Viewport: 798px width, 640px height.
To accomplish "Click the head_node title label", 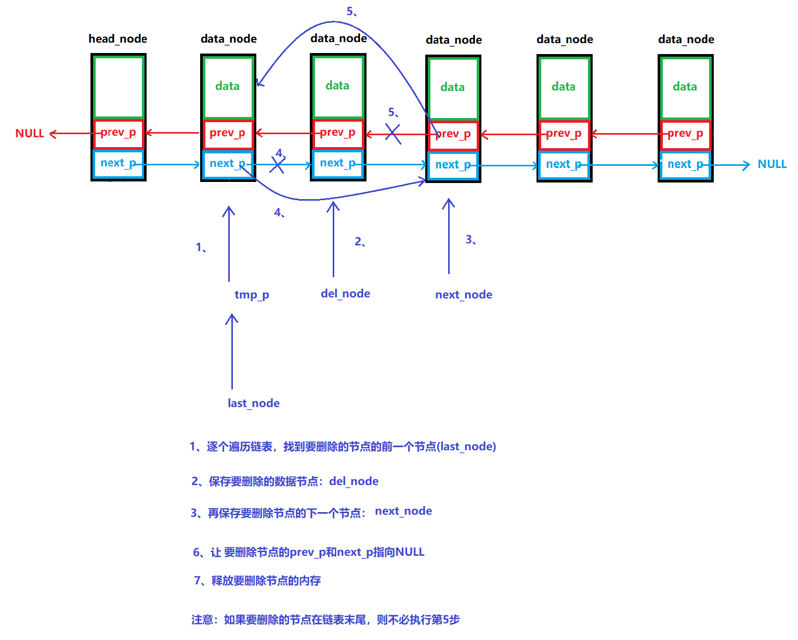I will [x=117, y=39].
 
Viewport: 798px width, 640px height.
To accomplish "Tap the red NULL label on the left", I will [x=30, y=134].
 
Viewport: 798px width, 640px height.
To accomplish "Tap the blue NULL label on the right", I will [x=771, y=164].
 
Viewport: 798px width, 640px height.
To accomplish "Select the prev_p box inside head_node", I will [x=118, y=133].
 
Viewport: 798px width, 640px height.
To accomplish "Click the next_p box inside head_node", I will [x=118, y=163].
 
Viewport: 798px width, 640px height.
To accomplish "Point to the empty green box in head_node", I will [x=118, y=87].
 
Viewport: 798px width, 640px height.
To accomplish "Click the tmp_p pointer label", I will [x=252, y=295].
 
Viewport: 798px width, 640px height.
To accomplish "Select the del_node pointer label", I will [x=345, y=294].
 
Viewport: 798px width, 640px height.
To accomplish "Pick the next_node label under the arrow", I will [x=463, y=295].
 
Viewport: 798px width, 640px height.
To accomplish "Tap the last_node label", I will [x=253, y=403].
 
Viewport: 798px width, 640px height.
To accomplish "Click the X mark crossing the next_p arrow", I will [x=277, y=165].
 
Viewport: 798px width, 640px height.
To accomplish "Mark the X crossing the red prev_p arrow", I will [x=393, y=134].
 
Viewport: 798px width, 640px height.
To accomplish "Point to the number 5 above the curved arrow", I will [x=351, y=11].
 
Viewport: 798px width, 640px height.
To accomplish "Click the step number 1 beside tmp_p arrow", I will [x=201, y=247].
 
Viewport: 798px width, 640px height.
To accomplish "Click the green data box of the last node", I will [x=685, y=87].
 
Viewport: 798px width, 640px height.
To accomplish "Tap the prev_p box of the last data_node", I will [x=685, y=134].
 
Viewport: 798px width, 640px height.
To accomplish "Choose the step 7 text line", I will [x=257, y=581].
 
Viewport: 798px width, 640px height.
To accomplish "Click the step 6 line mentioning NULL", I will [x=309, y=552].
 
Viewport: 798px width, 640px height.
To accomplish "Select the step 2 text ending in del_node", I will [x=285, y=481].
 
